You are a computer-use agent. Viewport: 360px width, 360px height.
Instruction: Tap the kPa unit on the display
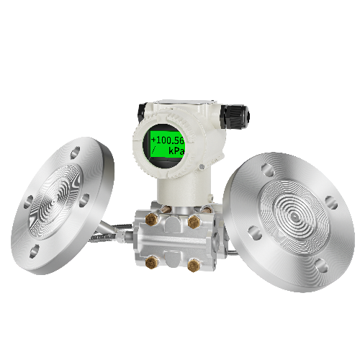coord(176,150)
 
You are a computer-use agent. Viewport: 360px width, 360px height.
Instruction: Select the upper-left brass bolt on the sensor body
coord(152,216)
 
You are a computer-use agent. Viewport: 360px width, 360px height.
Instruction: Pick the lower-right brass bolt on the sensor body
coord(193,265)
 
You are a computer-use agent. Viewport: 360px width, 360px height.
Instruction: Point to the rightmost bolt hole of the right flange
coord(331,203)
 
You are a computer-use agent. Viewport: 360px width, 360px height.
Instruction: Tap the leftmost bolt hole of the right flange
coord(253,231)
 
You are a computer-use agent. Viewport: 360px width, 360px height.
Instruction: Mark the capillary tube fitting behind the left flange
coord(108,230)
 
